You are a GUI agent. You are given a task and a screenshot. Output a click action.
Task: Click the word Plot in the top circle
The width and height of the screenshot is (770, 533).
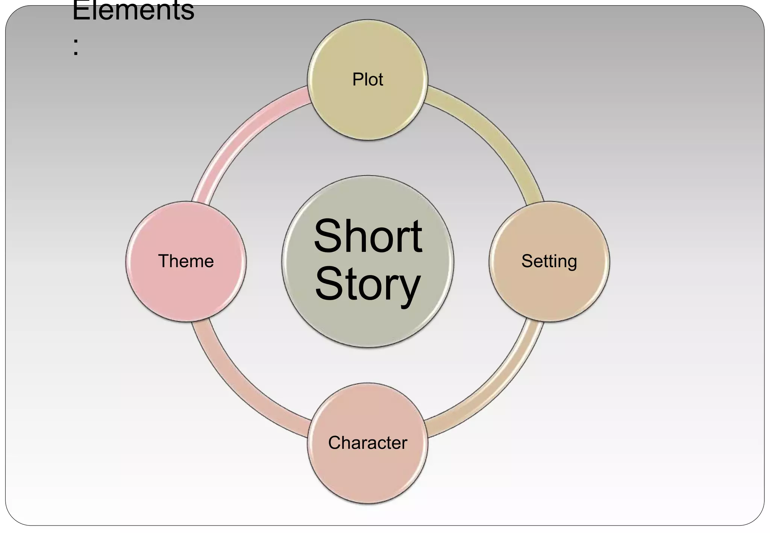(367, 80)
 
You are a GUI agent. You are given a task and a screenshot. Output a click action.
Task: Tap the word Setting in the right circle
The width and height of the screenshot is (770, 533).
(549, 261)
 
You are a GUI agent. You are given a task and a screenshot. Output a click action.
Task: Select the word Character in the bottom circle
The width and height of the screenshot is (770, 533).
(367, 443)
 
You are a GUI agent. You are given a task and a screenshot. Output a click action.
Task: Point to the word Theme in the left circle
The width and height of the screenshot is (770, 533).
(186, 261)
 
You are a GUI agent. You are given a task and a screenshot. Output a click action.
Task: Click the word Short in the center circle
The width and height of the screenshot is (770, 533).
(368, 237)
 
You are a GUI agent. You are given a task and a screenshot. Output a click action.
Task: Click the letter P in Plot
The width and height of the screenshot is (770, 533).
(357, 80)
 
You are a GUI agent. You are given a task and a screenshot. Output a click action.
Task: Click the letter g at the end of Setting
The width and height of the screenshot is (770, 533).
(570, 263)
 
